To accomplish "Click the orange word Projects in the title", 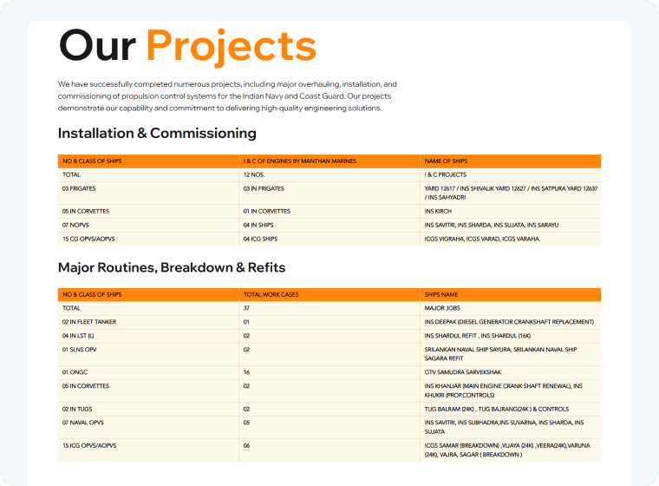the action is [x=231, y=46].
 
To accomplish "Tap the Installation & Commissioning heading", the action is [x=157, y=134].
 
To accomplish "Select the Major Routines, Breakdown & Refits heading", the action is [x=172, y=267].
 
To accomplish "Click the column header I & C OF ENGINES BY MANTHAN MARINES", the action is [x=300, y=161].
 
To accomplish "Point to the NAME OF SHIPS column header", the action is [x=446, y=161].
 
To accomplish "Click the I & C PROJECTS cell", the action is [x=445, y=174].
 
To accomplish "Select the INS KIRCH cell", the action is [x=437, y=211].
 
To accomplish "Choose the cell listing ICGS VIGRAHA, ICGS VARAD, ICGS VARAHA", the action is [x=482, y=238].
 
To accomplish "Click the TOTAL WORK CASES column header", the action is [x=271, y=295].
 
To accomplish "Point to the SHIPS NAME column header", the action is [x=441, y=295].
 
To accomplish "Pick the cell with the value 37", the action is [x=247, y=308].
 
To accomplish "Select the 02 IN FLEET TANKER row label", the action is [x=89, y=322].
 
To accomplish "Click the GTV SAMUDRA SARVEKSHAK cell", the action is [x=464, y=371].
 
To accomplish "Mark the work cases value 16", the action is [x=247, y=371].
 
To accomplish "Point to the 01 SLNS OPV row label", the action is [x=82, y=350].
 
